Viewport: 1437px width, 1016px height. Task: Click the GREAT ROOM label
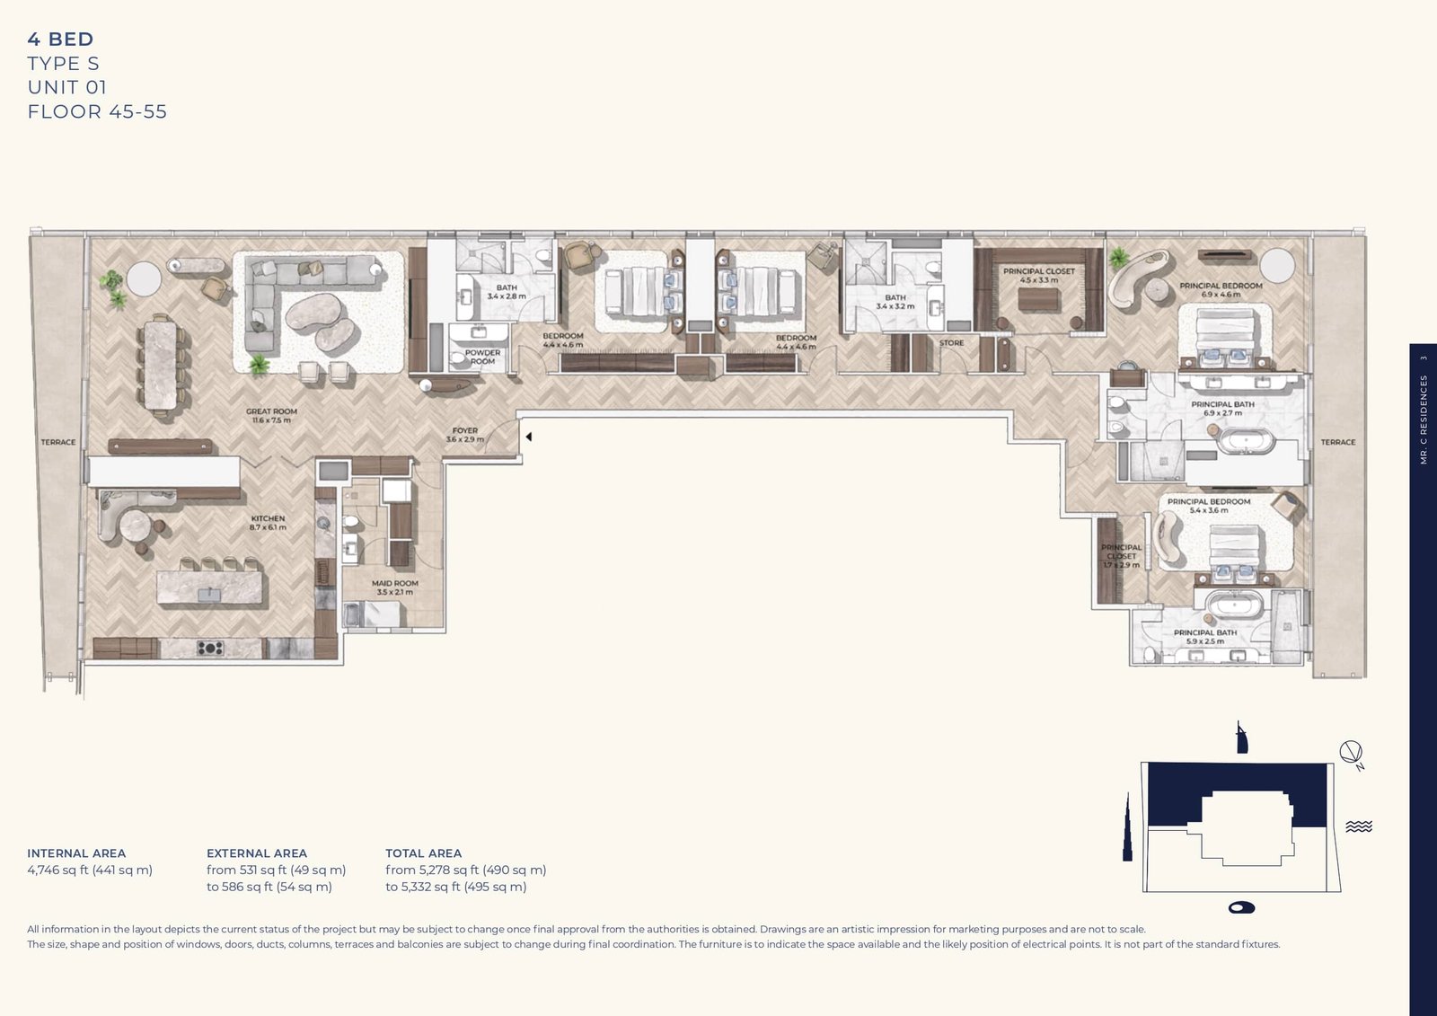pyautogui.click(x=271, y=415)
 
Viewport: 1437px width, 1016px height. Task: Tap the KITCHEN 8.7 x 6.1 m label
pyautogui.click(x=268, y=522)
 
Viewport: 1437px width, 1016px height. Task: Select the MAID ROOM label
pyautogui.click(x=395, y=588)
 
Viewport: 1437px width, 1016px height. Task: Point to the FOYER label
pyautogui.click(x=465, y=435)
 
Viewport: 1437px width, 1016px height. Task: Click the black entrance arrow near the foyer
pyautogui.click(x=529, y=437)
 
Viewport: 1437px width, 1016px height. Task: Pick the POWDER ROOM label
pyautogui.click(x=482, y=357)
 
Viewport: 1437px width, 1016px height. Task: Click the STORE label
pyautogui.click(x=951, y=343)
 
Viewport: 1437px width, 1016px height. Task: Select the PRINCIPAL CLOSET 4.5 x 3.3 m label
pyautogui.click(x=1039, y=275)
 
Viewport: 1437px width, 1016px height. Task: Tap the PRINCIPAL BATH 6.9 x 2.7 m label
pyautogui.click(x=1222, y=408)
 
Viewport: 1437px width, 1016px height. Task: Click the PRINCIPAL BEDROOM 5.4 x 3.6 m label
pyautogui.click(x=1209, y=506)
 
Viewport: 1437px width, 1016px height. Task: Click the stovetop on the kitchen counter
pyautogui.click(x=210, y=647)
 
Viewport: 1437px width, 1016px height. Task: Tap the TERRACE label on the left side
pyautogui.click(x=58, y=442)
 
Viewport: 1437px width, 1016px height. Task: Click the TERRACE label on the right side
pyautogui.click(x=1337, y=442)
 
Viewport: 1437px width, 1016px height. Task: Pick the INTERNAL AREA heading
pyautogui.click(x=76, y=853)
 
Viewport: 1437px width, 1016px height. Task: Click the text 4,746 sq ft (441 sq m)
pyautogui.click(x=90, y=870)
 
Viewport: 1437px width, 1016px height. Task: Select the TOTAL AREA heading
pyautogui.click(x=423, y=853)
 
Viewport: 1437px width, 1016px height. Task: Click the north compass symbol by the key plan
pyautogui.click(x=1351, y=754)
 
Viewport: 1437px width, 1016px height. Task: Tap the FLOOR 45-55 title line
pyautogui.click(x=97, y=111)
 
